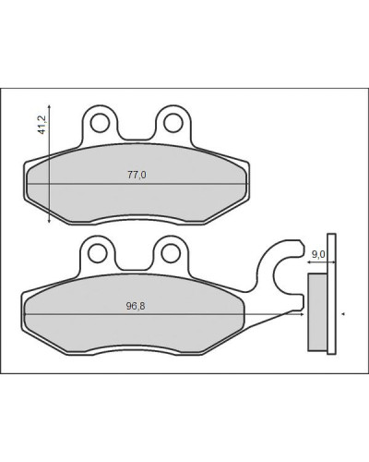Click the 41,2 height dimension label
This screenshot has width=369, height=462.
(x=42, y=125)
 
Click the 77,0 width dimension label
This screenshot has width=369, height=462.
(x=137, y=175)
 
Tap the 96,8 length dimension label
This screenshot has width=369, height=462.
(x=136, y=306)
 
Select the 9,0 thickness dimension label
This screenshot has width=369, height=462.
(x=318, y=254)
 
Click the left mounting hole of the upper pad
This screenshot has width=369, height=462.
(x=100, y=123)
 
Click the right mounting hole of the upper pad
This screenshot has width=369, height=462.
(x=173, y=123)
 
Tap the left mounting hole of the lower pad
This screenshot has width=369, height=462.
(x=97, y=253)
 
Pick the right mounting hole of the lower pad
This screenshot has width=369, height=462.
(x=171, y=253)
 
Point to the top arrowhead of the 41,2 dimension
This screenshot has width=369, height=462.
(x=49, y=106)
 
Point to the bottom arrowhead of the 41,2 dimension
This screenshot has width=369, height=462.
(x=49, y=220)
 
